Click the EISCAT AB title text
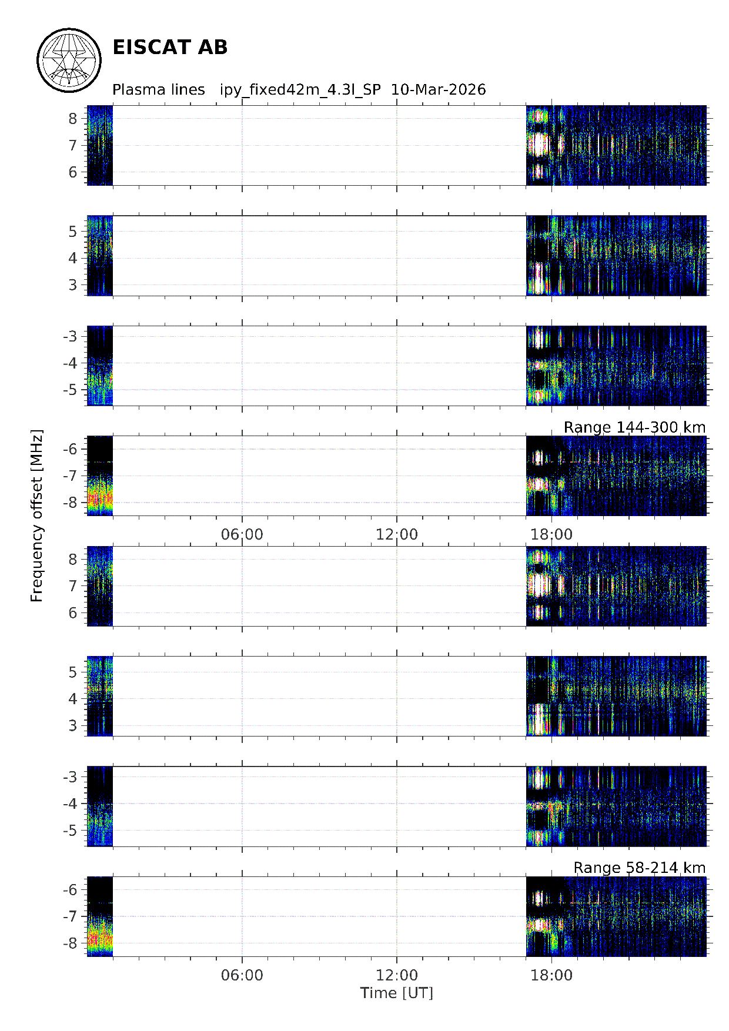169,48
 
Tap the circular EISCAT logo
69,60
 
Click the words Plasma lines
158,90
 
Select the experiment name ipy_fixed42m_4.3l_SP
300,90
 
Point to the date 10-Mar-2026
438,90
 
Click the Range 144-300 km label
634,427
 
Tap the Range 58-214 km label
639,868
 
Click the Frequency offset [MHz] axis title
37,515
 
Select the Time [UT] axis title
396,993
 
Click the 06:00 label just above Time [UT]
242,976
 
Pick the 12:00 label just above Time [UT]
397,976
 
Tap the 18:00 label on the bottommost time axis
551,976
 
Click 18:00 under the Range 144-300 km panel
551,534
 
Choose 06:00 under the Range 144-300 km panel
242,534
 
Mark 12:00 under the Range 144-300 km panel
397,534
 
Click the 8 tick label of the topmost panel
73,119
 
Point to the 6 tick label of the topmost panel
73,172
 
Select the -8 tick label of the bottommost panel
70,943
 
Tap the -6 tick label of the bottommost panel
70,890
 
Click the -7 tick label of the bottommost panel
70,916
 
